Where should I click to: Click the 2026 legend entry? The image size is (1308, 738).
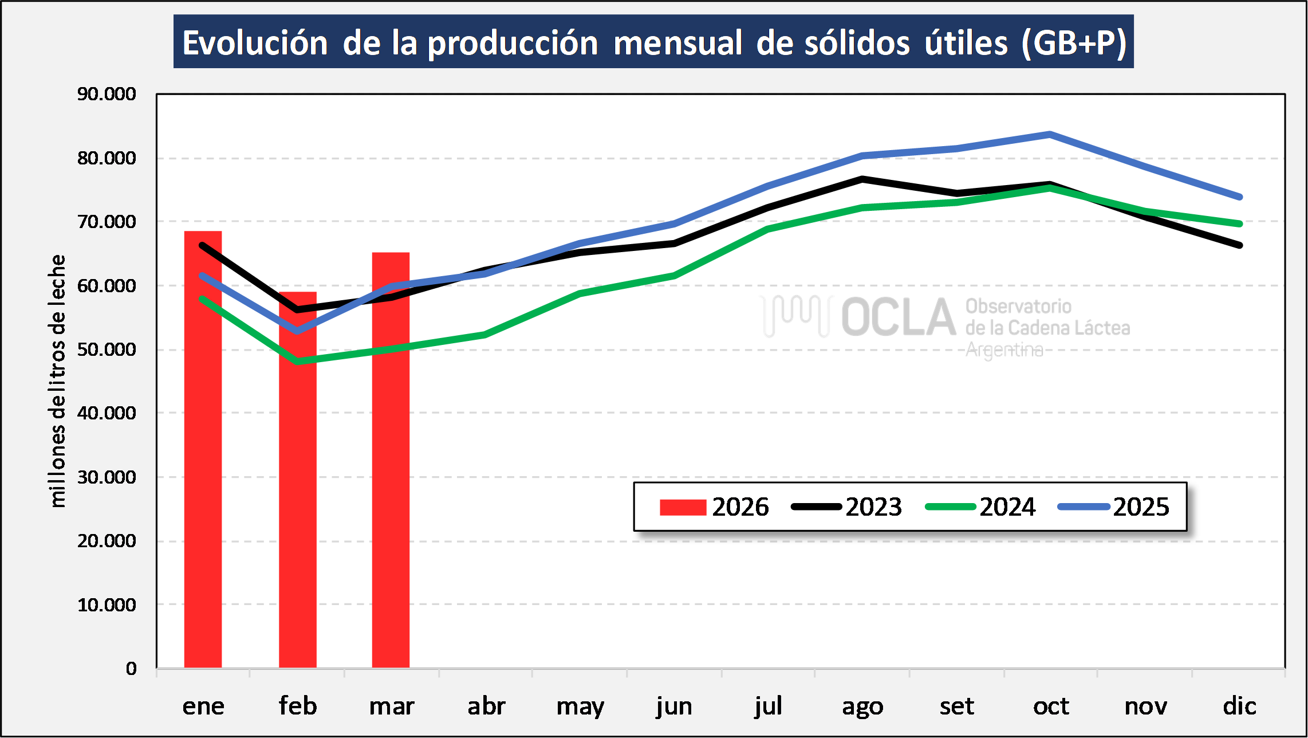click(x=714, y=507)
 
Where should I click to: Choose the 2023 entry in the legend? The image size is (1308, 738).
click(x=846, y=507)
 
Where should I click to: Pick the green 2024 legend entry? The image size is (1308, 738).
click(x=980, y=507)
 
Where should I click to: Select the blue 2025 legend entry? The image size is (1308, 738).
click(x=1114, y=507)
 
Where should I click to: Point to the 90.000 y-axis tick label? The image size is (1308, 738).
click(x=107, y=94)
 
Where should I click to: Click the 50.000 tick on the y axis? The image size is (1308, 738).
click(x=107, y=350)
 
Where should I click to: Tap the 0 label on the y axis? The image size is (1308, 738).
click(x=131, y=669)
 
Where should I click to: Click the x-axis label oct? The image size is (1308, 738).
click(x=1051, y=706)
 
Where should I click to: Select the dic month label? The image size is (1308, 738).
click(x=1239, y=706)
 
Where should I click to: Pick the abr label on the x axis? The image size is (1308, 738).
click(x=486, y=706)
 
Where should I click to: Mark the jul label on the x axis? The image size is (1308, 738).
click(x=768, y=706)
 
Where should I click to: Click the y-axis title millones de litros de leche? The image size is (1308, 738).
click(x=57, y=381)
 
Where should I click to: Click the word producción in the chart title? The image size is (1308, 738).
click(x=513, y=43)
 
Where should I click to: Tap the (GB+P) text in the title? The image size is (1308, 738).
click(x=1074, y=43)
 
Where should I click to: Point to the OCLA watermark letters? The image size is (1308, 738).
click(x=898, y=317)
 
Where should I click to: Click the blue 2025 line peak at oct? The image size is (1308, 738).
click(x=1049, y=135)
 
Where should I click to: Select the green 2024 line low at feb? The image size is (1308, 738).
click(x=298, y=362)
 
